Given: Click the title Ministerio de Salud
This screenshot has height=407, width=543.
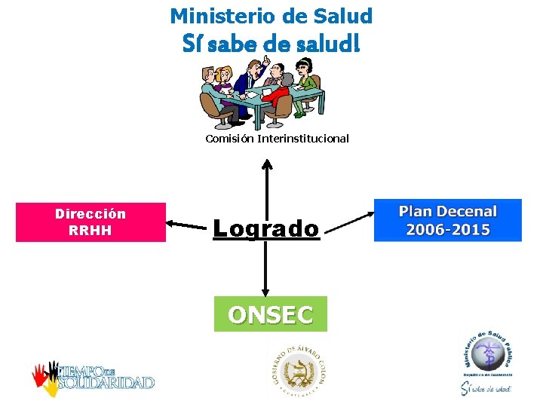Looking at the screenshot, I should [x=271, y=15].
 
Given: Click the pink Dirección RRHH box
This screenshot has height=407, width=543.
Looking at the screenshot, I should [x=90, y=222].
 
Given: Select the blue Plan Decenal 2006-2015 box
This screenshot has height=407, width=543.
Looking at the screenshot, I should [x=447, y=220].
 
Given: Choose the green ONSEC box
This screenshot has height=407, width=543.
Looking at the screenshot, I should [x=271, y=314].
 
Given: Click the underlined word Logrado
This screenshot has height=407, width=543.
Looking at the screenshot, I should [x=266, y=228].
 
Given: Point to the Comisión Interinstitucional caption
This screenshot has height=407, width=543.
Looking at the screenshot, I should [x=277, y=139].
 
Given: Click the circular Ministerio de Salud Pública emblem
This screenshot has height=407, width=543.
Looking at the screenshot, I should [x=486, y=354].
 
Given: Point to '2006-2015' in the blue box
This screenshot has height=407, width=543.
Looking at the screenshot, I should [x=447, y=230].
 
